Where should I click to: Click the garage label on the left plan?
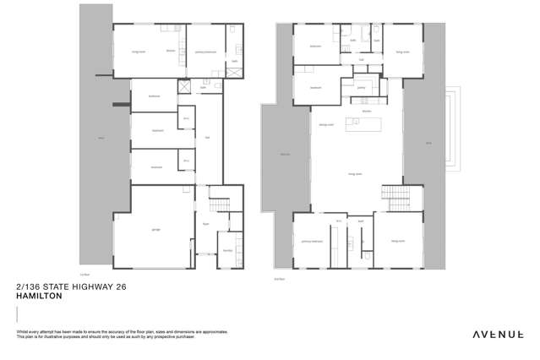[x=155, y=229]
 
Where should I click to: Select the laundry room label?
[x=226, y=251]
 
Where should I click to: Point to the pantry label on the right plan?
[x=361, y=86]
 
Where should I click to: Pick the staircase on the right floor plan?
[x=392, y=196]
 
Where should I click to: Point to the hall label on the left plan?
[x=205, y=138]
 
